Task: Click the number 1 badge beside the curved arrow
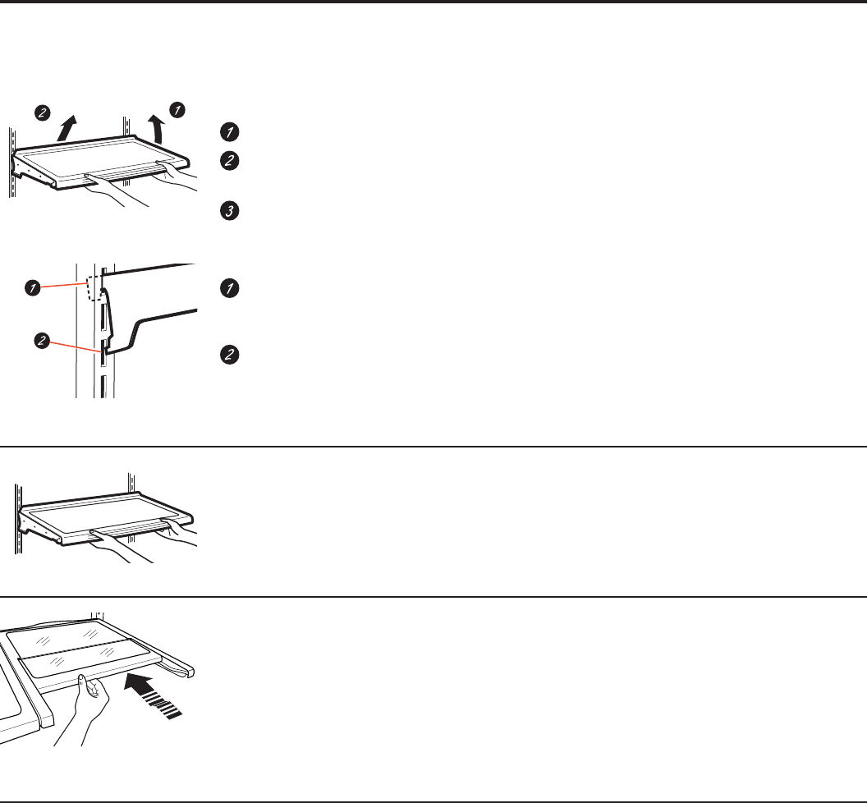pyautogui.click(x=177, y=110)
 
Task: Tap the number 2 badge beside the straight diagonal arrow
pyautogui.click(x=42, y=112)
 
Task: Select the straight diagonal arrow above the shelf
pyautogui.click(x=67, y=128)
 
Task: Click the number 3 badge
pyautogui.click(x=229, y=211)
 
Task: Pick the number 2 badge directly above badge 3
pyautogui.click(x=229, y=160)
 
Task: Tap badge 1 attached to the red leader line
pyautogui.click(x=33, y=287)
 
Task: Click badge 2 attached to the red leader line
pyautogui.click(x=42, y=340)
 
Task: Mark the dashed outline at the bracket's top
pyautogui.click(x=94, y=287)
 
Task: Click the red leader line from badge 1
pyautogui.click(x=64, y=286)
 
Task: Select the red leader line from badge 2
pyautogui.click(x=76, y=346)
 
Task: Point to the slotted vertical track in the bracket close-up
pyautogui.click(x=103, y=331)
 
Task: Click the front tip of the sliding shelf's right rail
pyautogui.click(x=190, y=672)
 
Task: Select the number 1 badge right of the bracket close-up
pyautogui.click(x=229, y=288)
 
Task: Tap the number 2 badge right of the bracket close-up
pyautogui.click(x=229, y=355)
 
